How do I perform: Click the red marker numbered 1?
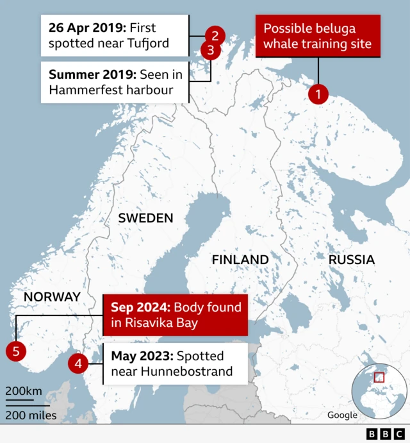pyautogui.click(x=318, y=94)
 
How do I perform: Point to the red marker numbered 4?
pyautogui.click(x=78, y=364)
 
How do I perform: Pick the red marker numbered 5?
pyautogui.click(x=15, y=351)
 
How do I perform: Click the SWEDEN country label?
pyautogui.click(x=145, y=218)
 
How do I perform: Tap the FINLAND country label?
pyautogui.click(x=240, y=260)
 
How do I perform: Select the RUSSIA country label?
pyautogui.click(x=351, y=260)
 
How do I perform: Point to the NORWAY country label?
pyautogui.click(x=52, y=297)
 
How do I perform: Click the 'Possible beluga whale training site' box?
pyautogui.click(x=318, y=37)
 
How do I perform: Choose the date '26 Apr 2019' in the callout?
pyautogui.click(x=87, y=28)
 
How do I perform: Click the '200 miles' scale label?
pyautogui.click(x=31, y=415)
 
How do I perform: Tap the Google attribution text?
pyautogui.click(x=342, y=415)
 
